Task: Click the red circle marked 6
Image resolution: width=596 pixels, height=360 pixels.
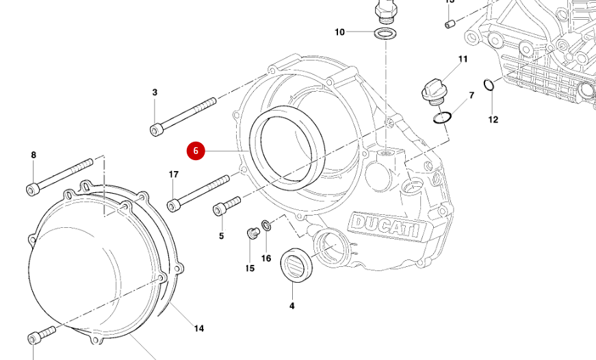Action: click(196, 151)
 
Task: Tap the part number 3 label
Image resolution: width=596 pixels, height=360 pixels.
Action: click(155, 92)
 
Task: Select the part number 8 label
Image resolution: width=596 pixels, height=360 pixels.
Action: click(34, 155)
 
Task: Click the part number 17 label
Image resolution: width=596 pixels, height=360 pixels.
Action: click(174, 175)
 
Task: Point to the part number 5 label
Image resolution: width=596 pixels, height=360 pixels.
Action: click(221, 236)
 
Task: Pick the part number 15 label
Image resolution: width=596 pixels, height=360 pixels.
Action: click(250, 268)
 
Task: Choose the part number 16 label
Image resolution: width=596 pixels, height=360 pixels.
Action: click(266, 258)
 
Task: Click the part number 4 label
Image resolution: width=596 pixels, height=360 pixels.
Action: click(291, 306)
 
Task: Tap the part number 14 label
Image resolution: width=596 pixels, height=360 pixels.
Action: click(198, 329)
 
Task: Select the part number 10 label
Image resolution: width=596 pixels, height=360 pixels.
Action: click(340, 32)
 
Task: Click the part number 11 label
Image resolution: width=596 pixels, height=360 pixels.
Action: click(463, 60)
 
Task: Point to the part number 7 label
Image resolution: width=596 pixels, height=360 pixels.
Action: click(471, 95)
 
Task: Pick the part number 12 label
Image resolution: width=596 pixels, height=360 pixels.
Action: click(493, 120)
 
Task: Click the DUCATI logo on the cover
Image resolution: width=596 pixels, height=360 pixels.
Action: click(385, 227)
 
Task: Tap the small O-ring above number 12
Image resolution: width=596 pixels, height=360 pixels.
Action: click(489, 85)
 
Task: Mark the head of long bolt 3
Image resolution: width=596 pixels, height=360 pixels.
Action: click(157, 129)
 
